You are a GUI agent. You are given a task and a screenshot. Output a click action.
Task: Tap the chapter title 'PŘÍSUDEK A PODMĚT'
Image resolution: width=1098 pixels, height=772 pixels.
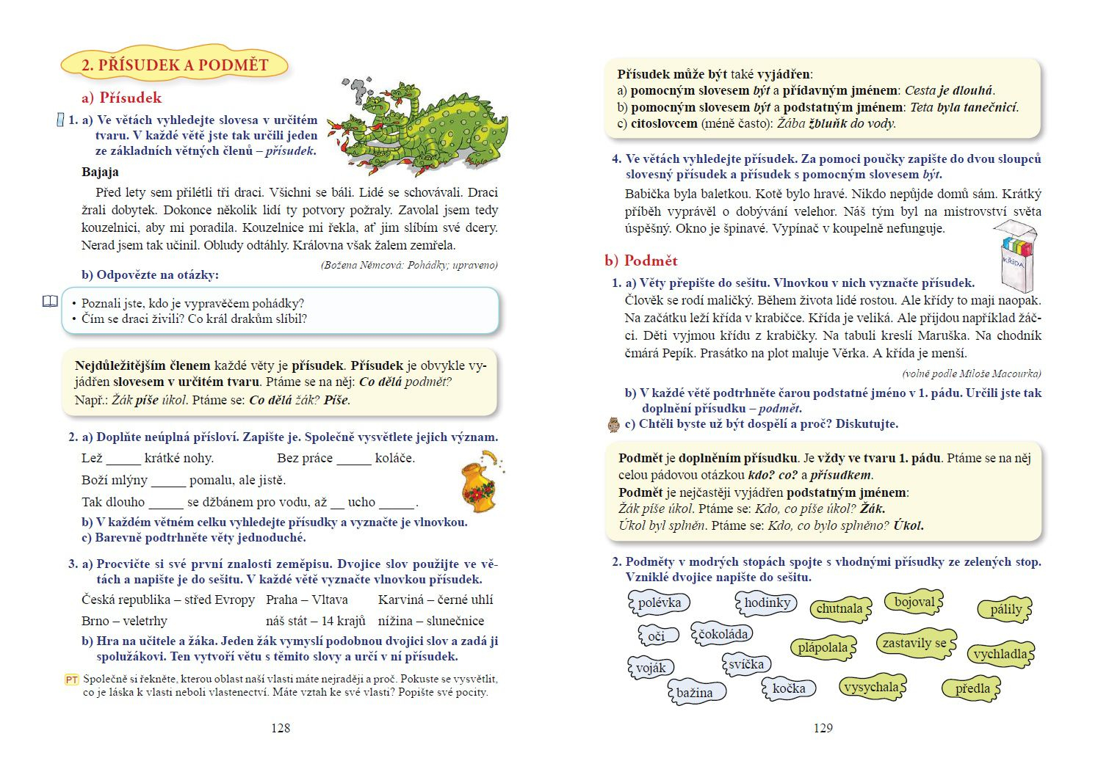[x=174, y=65]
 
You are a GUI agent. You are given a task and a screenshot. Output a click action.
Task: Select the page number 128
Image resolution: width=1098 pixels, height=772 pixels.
[x=281, y=728]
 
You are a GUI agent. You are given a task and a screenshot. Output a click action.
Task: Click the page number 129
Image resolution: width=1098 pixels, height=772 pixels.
[x=823, y=728]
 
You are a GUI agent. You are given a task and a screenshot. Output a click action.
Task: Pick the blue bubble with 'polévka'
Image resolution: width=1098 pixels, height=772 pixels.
[x=659, y=603]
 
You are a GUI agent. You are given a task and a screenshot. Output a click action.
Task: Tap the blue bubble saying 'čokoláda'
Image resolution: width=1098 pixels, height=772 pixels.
[x=723, y=634]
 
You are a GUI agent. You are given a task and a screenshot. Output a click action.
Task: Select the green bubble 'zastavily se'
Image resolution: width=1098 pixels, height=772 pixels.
[x=914, y=644]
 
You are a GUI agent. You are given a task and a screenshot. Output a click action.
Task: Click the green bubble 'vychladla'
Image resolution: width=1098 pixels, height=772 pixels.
[x=1000, y=654]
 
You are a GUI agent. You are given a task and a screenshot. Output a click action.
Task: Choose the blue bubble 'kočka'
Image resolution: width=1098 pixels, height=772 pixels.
[x=789, y=688]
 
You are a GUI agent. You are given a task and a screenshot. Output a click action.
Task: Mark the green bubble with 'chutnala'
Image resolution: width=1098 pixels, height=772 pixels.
[x=839, y=608]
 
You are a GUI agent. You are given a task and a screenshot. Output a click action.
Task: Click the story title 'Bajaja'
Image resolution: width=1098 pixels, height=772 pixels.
[x=100, y=172]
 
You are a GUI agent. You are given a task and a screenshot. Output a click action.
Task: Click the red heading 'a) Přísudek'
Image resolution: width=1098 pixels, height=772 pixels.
[x=121, y=98]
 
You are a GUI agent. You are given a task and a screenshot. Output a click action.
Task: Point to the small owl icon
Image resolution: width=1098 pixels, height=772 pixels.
[x=614, y=424]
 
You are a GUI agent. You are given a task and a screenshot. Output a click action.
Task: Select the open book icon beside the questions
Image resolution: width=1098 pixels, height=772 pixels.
[x=50, y=302]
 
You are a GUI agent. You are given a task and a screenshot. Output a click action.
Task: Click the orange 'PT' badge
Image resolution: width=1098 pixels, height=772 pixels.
[x=71, y=680]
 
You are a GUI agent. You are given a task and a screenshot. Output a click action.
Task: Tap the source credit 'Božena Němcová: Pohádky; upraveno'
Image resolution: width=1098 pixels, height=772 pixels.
[x=409, y=265]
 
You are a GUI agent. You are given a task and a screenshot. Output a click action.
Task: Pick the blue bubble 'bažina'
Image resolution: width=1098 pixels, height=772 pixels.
[x=695, y=693]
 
